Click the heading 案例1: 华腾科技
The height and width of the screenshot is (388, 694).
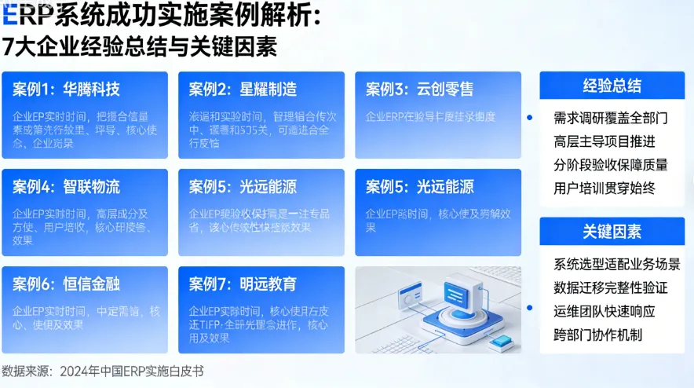tap(66, 89)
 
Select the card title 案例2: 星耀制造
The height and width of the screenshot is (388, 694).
tap(243, 89)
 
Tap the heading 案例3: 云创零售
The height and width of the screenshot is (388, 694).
tap(419, 89)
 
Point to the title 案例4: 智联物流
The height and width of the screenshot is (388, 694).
tap(66, 187)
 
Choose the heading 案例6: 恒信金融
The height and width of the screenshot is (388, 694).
tap(66, 284)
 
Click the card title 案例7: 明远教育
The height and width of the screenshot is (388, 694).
tap(243, 284)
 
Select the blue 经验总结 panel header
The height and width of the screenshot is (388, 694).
tap(612, 86)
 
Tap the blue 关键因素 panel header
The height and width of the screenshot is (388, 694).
tap(612, 231)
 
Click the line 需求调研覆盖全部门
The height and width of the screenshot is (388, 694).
tap(610, 119)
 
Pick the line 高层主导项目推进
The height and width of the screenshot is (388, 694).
tap(604, 141)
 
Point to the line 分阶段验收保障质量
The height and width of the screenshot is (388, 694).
tap(610, 165)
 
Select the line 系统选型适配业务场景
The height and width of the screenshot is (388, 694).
tap(616, 263)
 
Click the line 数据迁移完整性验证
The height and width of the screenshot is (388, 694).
tap(610, 287)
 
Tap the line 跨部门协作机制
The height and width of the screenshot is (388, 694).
tap(597, 334)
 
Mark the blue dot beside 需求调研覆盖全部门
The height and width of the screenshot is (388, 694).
tap(530, 118)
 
